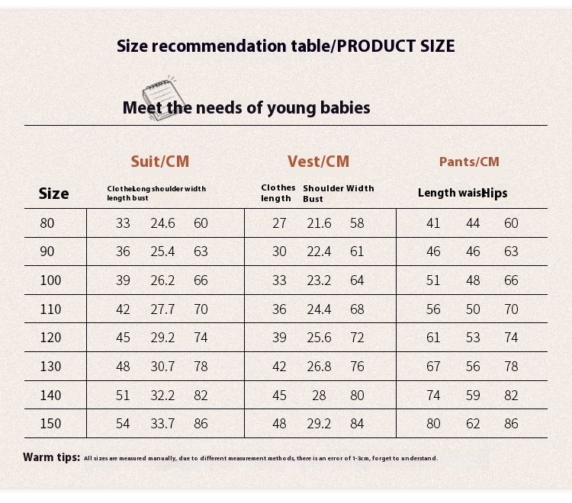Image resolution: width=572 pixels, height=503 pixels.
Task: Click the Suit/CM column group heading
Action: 159,162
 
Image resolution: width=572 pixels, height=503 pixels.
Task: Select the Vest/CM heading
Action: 318,162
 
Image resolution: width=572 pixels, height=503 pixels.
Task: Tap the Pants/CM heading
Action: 469,162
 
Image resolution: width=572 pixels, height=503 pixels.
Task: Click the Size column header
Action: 53,194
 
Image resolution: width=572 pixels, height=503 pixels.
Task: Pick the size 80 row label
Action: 47,223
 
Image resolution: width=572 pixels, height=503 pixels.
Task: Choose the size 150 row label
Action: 50,424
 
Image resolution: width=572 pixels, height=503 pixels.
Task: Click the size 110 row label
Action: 50,309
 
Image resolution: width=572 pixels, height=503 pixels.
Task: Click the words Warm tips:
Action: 51,457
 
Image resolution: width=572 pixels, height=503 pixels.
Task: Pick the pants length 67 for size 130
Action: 433,367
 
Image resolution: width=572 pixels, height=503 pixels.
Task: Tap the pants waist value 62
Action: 473,424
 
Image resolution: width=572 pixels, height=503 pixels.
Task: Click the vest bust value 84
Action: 357,424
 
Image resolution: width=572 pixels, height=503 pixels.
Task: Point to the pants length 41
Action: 433,223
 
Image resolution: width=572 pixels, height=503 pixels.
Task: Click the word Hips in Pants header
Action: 495,194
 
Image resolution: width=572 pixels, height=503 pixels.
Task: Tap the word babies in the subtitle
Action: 344,108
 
